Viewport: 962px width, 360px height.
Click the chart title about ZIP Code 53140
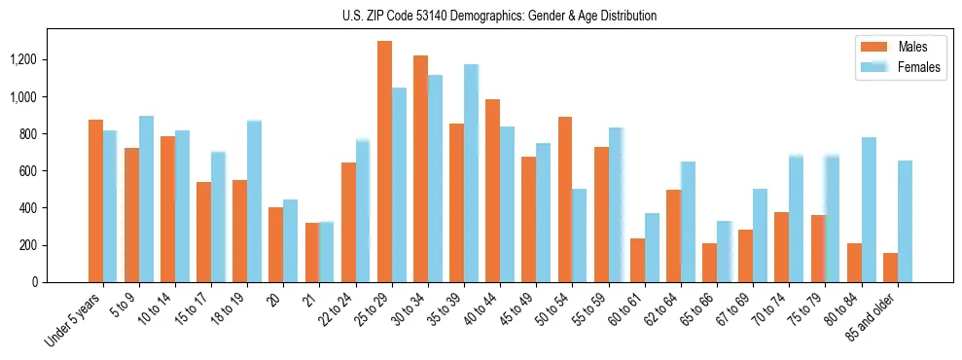[499, 16]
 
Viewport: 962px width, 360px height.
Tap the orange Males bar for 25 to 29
[384, 162]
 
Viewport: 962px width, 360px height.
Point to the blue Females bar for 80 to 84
[869, 209]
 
